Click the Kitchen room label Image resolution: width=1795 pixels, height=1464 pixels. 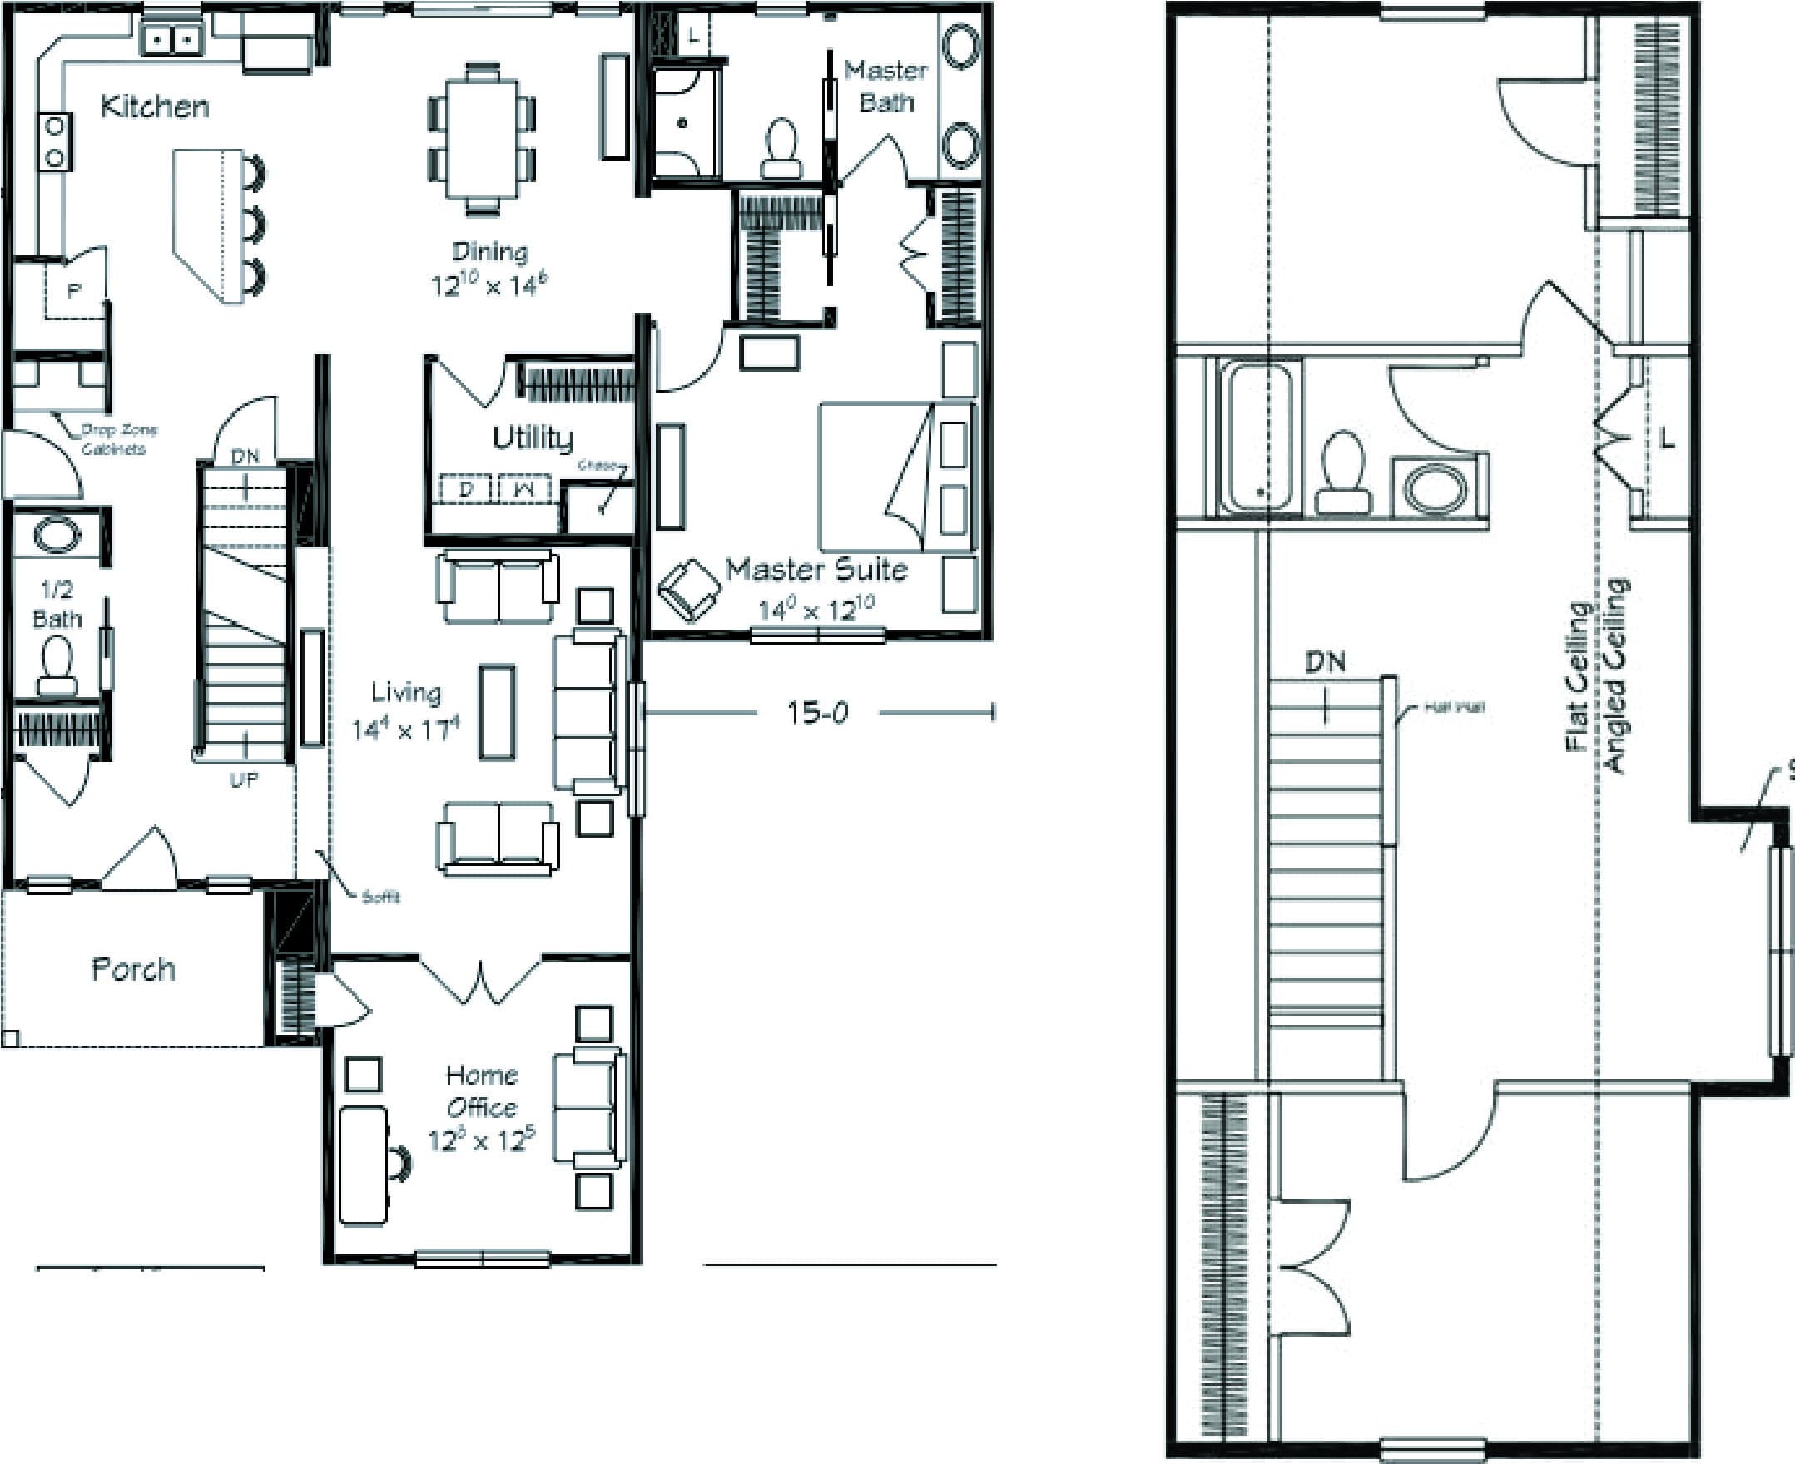click(154, 107)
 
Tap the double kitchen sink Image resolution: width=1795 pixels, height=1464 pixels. click(172, 39)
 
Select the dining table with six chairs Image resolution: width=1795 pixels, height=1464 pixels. click(481, 137)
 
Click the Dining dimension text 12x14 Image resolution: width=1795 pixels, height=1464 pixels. click(488, 286)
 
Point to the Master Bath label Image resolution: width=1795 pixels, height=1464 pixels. click(885, 86)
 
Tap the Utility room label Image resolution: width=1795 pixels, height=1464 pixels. click(533, 438)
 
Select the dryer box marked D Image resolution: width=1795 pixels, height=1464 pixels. click(465, 488)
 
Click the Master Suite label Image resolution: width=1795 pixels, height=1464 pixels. click(816, 570)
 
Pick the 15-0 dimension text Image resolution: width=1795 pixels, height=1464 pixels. click(817, 714)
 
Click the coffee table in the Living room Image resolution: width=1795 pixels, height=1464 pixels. click(497, 713)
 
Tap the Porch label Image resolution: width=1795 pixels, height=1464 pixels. click(133, 969)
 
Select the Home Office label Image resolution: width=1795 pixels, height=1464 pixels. click(482, 1091)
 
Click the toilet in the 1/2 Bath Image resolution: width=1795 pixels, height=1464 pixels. click(57, 665)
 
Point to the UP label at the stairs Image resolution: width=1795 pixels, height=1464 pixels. click(244, 780)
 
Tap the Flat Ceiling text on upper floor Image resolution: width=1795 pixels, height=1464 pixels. click(1576, 675)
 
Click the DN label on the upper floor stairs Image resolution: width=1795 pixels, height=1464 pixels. click(1324, 662)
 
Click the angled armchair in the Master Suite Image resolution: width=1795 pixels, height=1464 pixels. click(689, 590)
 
